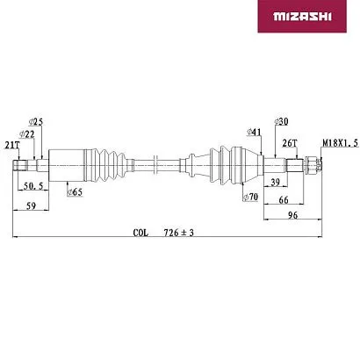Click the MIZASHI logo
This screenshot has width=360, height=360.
tap(302, 16)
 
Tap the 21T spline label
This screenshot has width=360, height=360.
tap(12, 145)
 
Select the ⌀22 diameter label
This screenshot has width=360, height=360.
tap(27, 134)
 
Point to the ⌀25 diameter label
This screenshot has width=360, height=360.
tap(36, 121)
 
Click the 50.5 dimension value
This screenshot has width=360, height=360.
tap(33, 186)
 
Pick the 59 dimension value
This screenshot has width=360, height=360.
tap(31, 205)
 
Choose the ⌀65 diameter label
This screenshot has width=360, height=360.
tap(75, 192)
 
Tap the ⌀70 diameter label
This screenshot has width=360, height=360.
tap(250, 197)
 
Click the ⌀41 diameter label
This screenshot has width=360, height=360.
tap(254, 132)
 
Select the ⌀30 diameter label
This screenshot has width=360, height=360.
tap(281, 121)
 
